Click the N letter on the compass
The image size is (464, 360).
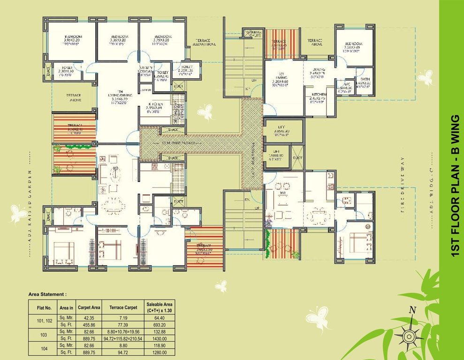(412, 309)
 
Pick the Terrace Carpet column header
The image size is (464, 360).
(121, 307)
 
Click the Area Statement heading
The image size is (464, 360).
(47, 294)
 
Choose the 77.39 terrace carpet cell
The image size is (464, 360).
(121, 325)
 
